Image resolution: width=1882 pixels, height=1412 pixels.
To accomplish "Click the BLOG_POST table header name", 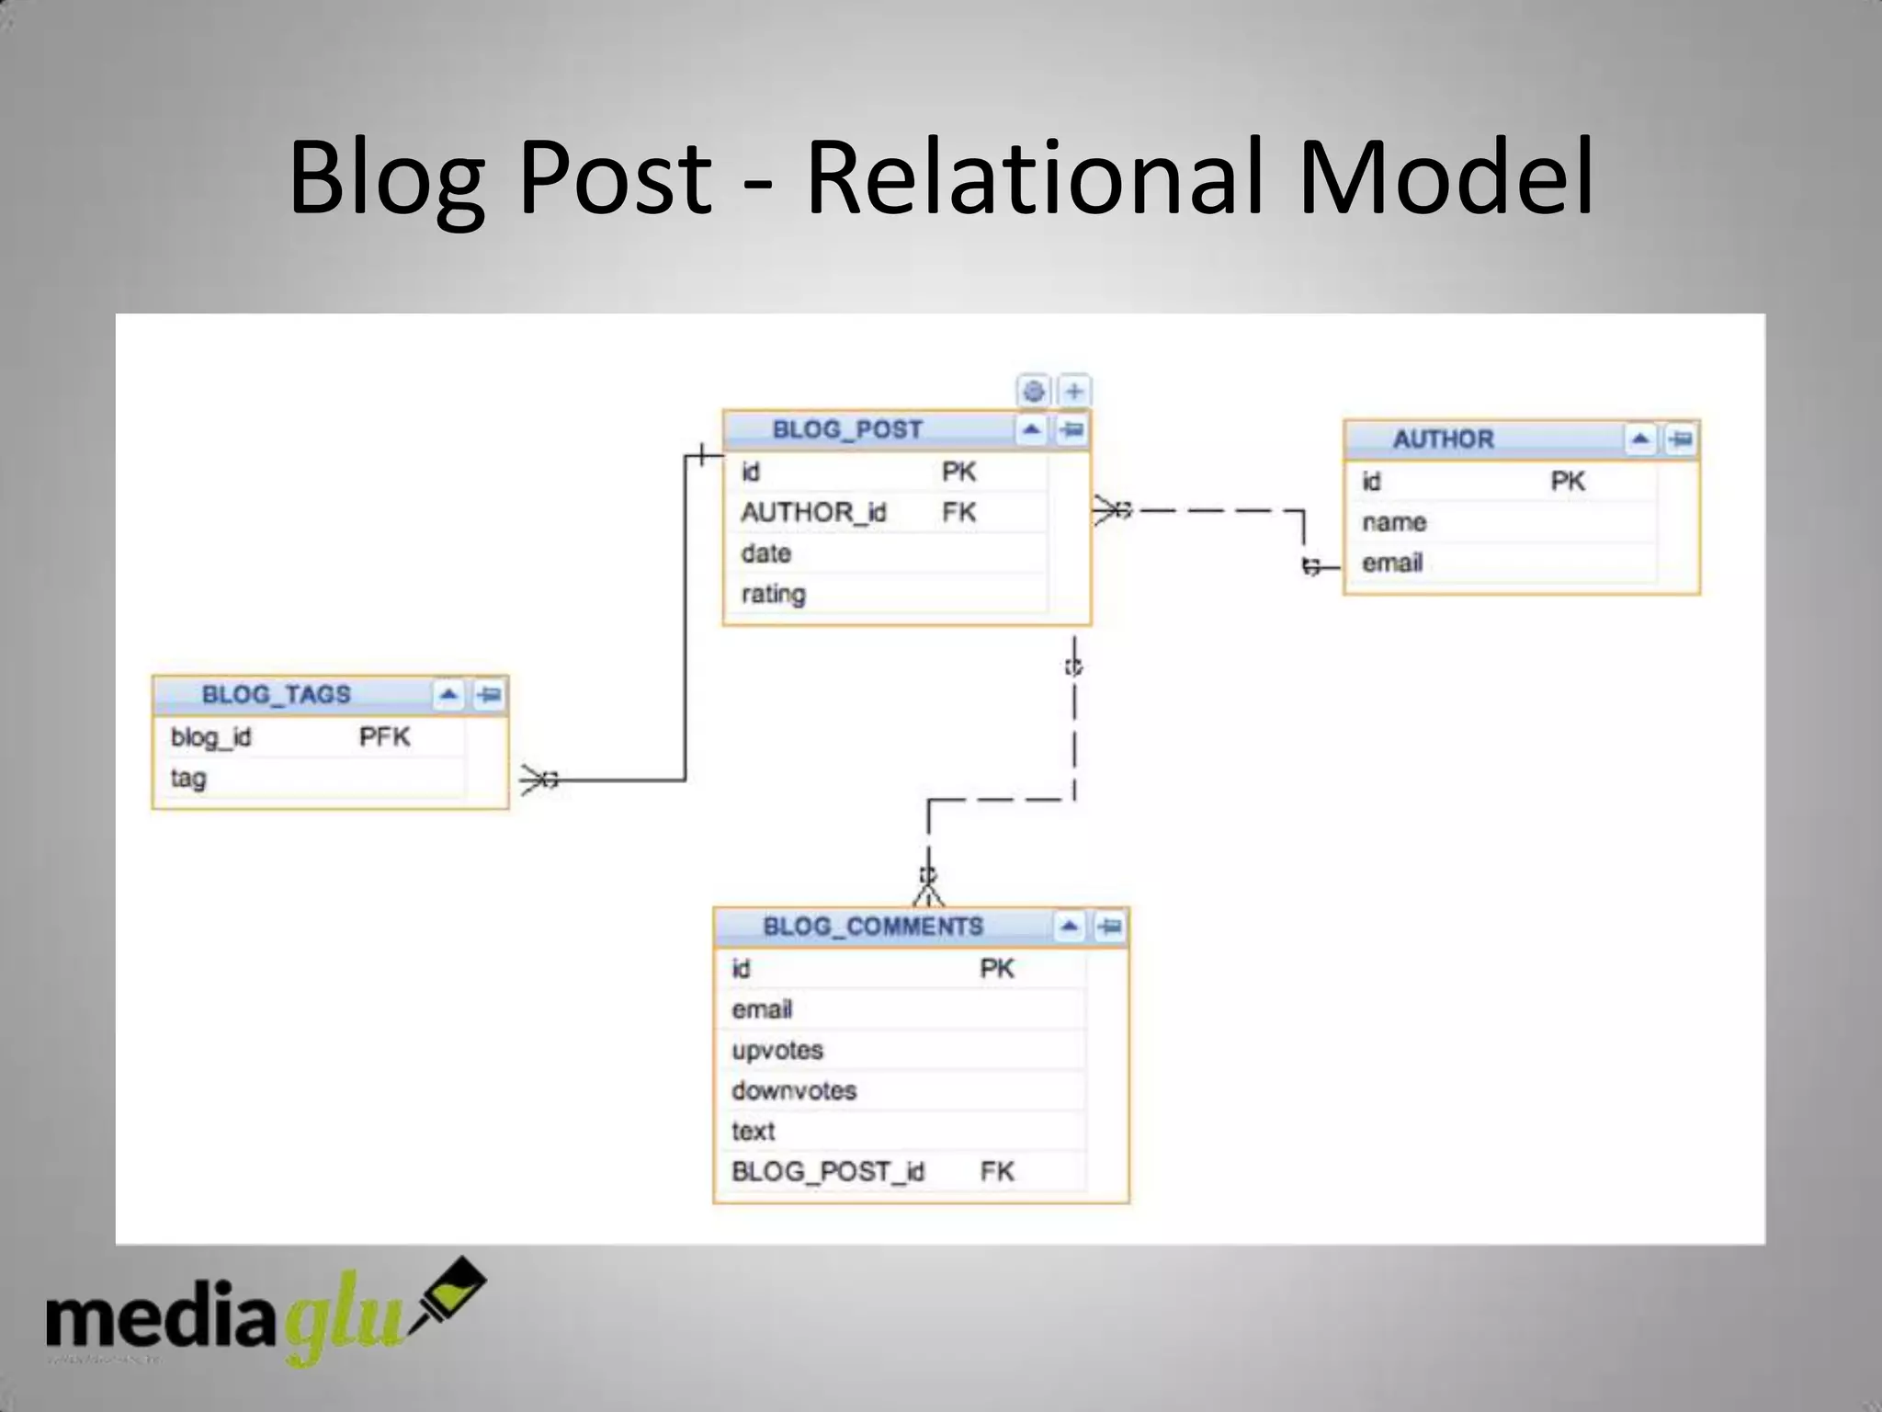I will (846, 430).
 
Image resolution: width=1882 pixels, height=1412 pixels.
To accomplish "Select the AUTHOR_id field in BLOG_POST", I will (813, 512).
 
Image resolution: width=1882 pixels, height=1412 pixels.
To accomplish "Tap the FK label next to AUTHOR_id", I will (958, 512).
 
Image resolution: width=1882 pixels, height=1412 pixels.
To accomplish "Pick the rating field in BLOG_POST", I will (773, 594).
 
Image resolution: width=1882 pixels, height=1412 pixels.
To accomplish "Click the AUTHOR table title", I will (1443, 439).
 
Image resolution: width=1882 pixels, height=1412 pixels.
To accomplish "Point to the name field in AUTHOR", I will (1394, 522).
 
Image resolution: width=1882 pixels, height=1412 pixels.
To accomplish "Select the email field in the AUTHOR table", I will (1392, 563).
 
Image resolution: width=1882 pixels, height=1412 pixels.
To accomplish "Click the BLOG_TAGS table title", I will (276, 694).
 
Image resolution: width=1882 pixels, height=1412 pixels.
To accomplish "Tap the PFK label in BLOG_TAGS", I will (384, 736).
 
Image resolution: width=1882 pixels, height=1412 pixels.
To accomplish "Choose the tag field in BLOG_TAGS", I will (188, 778).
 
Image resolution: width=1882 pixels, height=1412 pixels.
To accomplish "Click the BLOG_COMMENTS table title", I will (873, 926).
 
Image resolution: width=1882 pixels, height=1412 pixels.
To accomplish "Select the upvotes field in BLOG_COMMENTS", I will (777, 1050).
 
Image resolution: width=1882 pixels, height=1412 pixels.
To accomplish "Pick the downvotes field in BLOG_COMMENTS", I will (794, 1090).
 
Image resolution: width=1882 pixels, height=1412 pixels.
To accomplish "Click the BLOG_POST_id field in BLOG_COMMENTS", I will (827, 1171).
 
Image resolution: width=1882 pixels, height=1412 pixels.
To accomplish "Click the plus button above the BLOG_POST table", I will (1074, 392).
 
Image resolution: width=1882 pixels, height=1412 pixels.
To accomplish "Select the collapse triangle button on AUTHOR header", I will (1639, 439).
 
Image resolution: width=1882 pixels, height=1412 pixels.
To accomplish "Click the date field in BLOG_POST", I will (765, 553).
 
